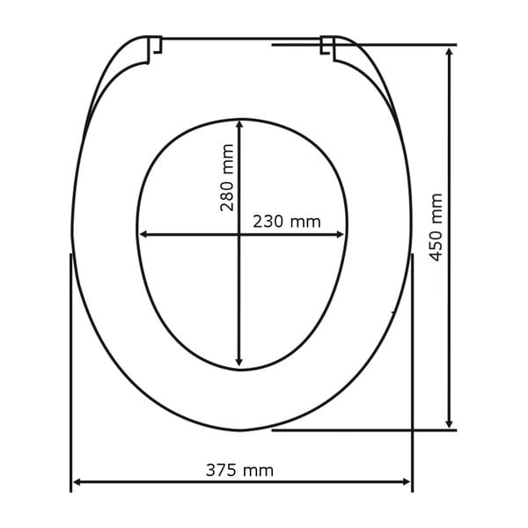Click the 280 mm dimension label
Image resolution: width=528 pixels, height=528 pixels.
coord(228,178)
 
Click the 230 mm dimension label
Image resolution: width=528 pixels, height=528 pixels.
coord(287,222)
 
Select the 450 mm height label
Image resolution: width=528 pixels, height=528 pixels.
coord(436,227)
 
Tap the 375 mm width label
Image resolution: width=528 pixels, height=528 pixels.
coord(239,470)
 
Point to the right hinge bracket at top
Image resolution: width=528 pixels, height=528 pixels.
coord(327,48)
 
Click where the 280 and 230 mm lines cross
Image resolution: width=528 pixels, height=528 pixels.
coord(239,234)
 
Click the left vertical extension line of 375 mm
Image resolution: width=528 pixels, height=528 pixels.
coord(70,370)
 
